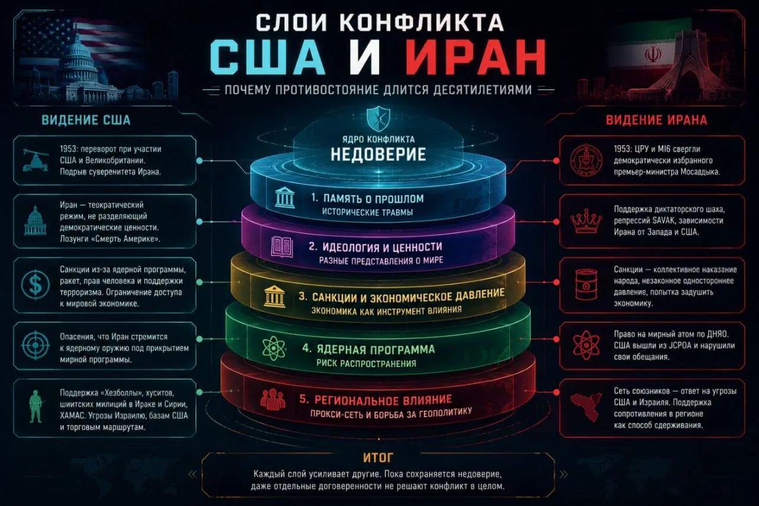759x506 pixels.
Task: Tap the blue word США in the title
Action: tap(267, 58)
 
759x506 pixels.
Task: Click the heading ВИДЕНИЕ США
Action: tap(86, 120)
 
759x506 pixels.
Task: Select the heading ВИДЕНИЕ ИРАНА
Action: tap(656, 120)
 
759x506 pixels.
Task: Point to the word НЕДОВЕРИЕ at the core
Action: tap(378, 154)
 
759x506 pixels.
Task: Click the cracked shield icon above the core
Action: tap(378, 119)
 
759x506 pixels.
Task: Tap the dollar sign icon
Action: tap(36, 284)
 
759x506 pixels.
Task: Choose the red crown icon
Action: tap(586, 221)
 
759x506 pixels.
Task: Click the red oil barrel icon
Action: tap(586, 284)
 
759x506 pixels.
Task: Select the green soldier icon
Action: tap(36, 407)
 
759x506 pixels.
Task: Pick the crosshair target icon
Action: tap(36, 345)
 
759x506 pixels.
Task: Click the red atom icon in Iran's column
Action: tap(586, 345)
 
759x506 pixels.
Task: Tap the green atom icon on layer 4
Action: tap(274, 349)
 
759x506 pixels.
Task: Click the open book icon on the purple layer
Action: tap(282, 247)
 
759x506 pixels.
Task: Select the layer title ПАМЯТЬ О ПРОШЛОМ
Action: tap(374, 199)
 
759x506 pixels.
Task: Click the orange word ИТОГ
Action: tap(378, 458)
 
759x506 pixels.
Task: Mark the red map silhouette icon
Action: tap(586, 407)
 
